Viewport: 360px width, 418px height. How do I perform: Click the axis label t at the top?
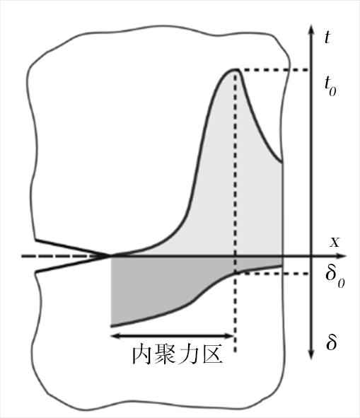(327, 37)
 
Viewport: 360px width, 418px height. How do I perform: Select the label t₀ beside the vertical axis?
(330, 86)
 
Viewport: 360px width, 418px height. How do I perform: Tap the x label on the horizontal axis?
(335, 243)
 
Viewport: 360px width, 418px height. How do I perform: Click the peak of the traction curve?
(236, 70)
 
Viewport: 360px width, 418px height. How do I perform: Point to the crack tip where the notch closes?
(110, 256)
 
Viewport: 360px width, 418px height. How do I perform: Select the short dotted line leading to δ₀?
(272, 274)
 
